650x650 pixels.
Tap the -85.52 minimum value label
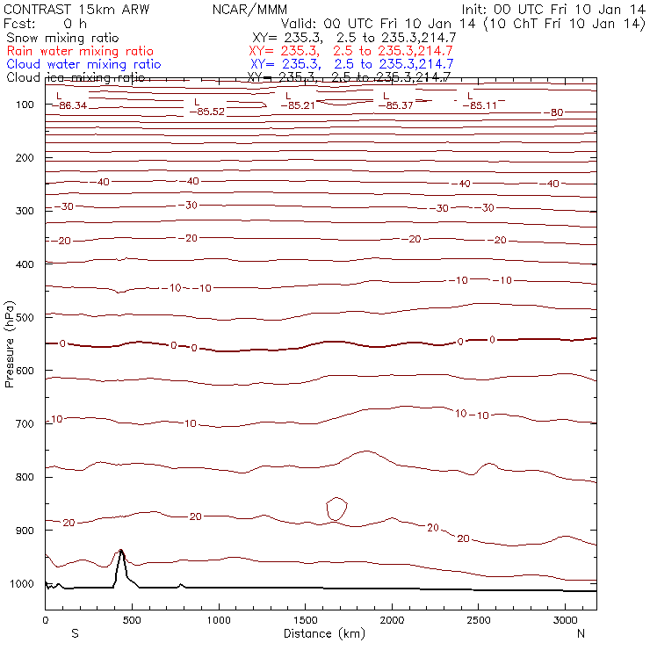[x=209, y=112]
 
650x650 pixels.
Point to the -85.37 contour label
[x=395, y=105]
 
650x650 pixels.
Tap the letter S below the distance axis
[x=75, y=633]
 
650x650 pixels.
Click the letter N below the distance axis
[x=581, y=633]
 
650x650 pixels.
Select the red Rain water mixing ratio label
[x=80, y=51]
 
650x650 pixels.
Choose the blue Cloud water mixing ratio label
[x=83, y=64]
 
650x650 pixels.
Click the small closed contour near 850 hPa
[x=337, y=508]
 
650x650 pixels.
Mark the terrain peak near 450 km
[x=120, y=552]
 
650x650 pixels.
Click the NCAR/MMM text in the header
[x=249, y=9]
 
